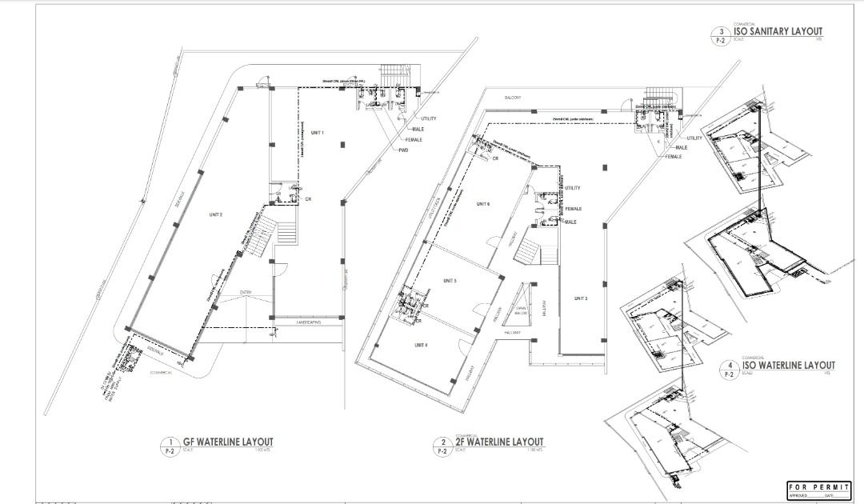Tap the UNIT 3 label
coord(581,298)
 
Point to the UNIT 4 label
coord(421,345)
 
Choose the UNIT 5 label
coord(449,281)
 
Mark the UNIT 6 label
coord(482,205)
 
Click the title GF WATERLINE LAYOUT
coord(228,442)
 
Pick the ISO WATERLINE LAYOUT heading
coord(788,366)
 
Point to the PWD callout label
coord(404,150)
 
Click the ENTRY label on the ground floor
coord(246,294)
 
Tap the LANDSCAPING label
coord(308,322)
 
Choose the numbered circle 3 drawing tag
coord(722,33)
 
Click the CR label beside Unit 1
coord(308,198)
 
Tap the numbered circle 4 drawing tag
coord(729,366)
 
